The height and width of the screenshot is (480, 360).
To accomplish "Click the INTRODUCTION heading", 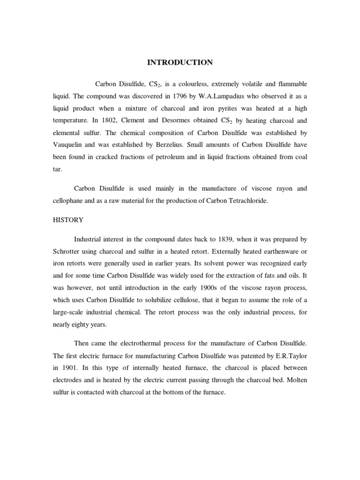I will (180, 62).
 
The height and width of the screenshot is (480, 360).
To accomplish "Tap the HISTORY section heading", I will (67, 220).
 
